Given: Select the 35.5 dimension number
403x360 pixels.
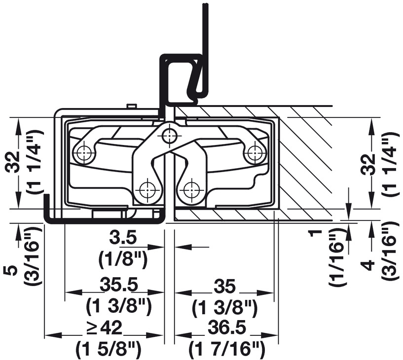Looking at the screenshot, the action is coord(119,285).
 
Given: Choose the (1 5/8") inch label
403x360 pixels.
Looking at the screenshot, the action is coord(109,349).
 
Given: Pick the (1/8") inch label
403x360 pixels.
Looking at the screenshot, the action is coord(123,260).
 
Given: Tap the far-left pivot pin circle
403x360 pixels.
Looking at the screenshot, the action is coord(84,153).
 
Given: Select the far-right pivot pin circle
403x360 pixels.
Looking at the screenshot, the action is coord(255,153).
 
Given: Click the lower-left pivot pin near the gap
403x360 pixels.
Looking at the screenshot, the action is coord(147,190).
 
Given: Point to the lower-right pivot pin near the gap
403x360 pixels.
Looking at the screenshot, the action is coord(192,190).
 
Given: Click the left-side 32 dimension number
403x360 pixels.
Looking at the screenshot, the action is coord(13,163).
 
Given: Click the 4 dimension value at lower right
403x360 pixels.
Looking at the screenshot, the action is coord(369,265).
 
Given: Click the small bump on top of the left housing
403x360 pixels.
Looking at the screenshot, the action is coord(131,106).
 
